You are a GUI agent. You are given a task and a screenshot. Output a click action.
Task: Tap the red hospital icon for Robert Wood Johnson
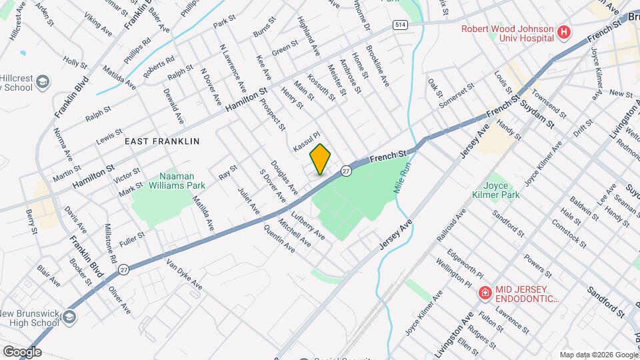click(565, 31)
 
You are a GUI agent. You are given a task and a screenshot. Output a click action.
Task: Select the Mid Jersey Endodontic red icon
click(485, 293)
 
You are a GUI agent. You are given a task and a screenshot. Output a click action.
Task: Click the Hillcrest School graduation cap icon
click(43, 81)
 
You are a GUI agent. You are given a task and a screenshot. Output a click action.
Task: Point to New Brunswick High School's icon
click(68, 319)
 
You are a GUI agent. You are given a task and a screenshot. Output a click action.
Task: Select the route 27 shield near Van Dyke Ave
click(123, 269)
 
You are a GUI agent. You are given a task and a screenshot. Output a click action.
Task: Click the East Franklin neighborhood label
click(162, 141)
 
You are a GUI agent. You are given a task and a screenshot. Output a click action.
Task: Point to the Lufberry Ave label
click(308, 226)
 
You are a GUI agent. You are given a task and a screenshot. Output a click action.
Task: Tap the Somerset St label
click(460, 91)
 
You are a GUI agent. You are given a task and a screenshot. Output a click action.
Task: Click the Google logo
click(22, 351)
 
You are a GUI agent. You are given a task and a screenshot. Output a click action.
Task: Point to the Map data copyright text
click(597, 355)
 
